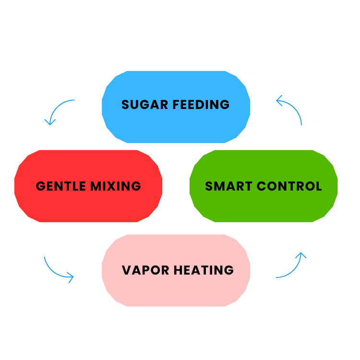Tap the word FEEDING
click(x=199, y=105)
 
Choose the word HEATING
click(x=204, y=270)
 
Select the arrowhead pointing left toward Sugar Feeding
click(x=280, y=100)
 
